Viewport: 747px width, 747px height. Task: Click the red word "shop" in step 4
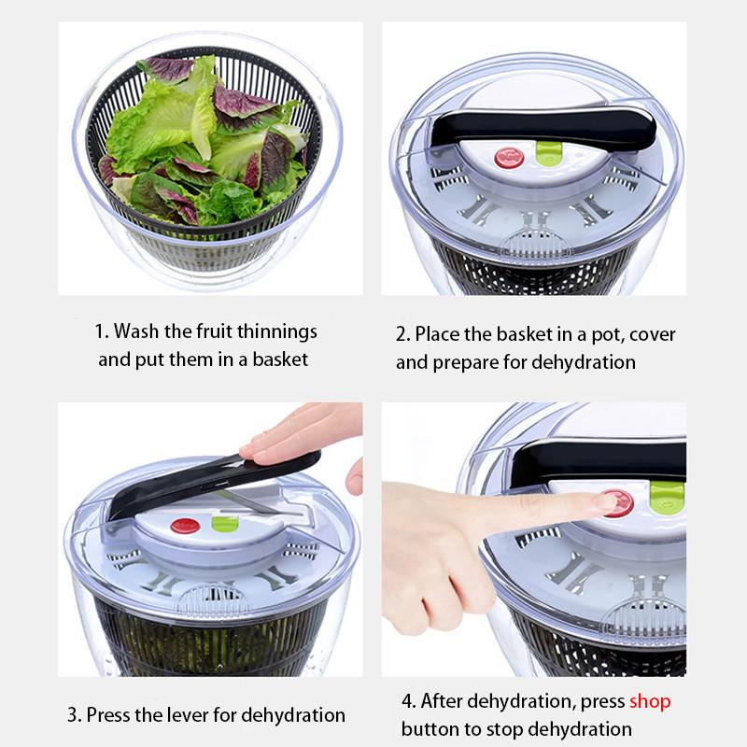tap(650, 701)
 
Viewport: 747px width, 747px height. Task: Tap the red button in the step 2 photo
tap(508, 157)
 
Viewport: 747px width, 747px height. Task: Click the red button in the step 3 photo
tap(185, 527)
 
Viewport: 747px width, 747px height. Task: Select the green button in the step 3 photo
tap(224, 523)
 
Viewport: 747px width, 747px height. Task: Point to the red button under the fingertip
tap(617, 502)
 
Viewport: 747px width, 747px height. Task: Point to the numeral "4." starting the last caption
tap(409, 701)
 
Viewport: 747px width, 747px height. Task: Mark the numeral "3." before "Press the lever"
tap(75, 716)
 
